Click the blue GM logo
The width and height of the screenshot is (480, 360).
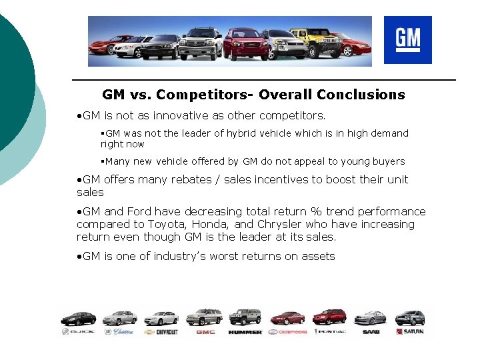pyautogui.click(x=407, y=40)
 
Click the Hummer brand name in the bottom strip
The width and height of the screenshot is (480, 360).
pyautogui.click(x=245, y=331)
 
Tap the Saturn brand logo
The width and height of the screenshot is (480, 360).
pyautogui.click(x=409, y=331)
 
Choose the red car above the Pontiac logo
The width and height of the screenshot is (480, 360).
pyautogui.click(x=329, y=317)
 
